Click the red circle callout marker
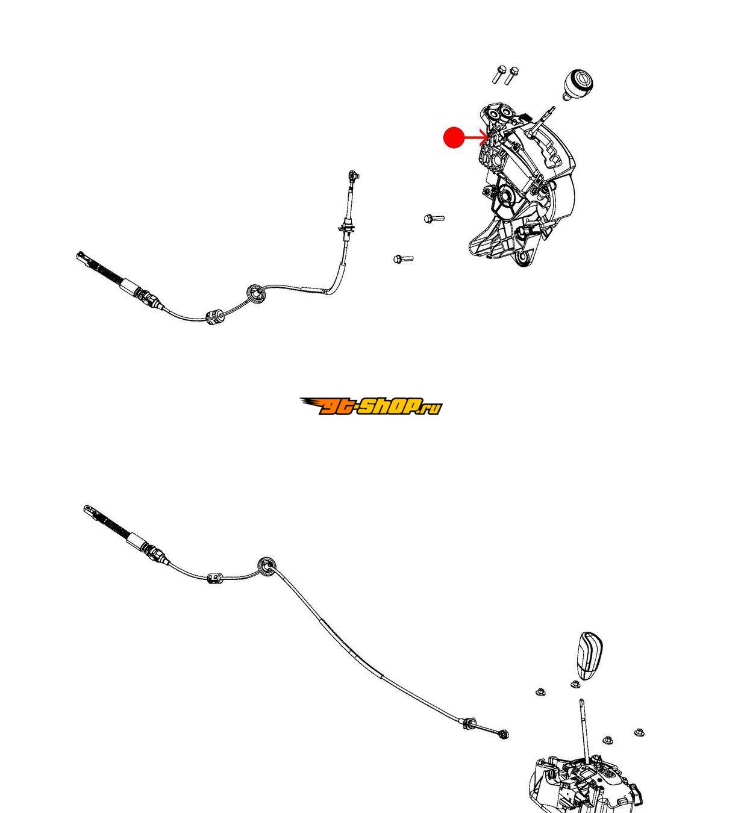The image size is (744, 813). tap(454, 138)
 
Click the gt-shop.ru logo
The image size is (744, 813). tap(371, 406)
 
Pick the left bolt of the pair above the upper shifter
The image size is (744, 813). tap(499, 75)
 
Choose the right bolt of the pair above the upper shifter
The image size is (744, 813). tap(512, 75)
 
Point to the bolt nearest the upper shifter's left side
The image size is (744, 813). tap(434, 218)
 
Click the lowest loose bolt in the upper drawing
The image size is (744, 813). tap(402, 259)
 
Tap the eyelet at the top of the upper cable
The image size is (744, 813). tap(352, 175)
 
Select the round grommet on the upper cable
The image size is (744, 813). tap(257, 294)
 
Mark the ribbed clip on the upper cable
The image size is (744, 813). tap(215, 316)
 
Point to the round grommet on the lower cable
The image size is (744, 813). tap(267, 565)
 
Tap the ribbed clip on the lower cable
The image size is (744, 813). tap(214, 579)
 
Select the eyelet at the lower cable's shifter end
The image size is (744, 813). tap(504, 734)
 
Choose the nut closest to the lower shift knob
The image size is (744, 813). tap(575, 685)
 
